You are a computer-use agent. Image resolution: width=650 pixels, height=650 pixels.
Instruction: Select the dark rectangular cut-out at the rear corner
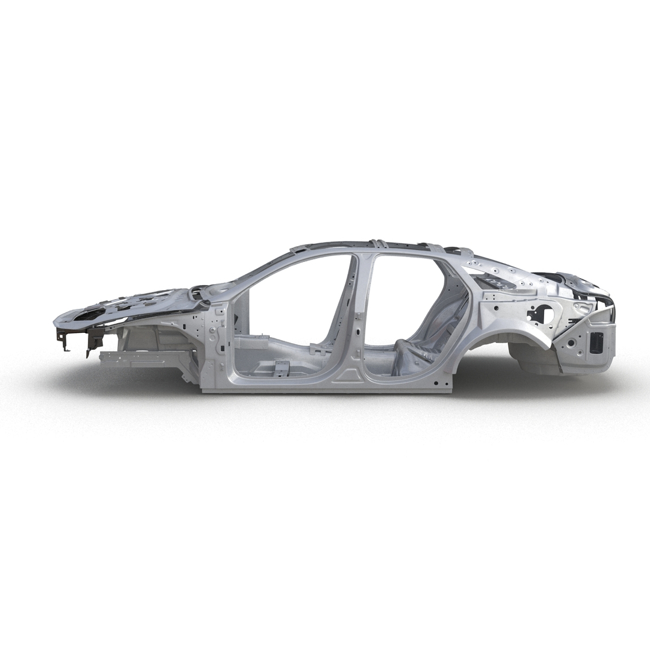[x=596, y=342]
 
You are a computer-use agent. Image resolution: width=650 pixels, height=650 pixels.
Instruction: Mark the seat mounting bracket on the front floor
[x=282, y=367]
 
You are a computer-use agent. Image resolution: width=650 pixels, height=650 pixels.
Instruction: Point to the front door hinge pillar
[x=217, y=343]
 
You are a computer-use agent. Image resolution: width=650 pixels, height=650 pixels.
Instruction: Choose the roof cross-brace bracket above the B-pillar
[x=377, y=244]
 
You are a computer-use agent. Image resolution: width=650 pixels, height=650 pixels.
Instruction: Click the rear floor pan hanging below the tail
[x=536, y=359]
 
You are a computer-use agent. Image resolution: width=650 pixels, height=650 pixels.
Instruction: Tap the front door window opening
[x=295, y=301]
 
